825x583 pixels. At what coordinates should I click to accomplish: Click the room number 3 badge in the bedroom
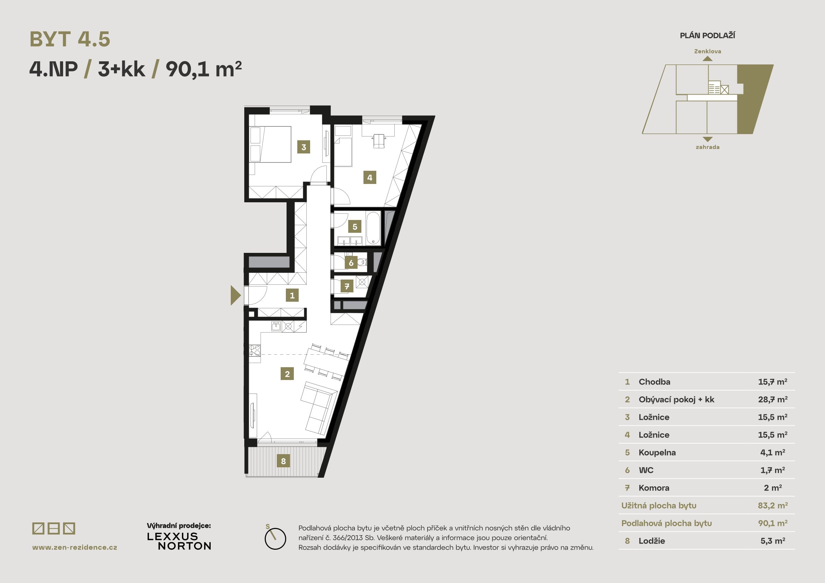point(304,147)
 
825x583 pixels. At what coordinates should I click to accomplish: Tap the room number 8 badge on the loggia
point(283,461)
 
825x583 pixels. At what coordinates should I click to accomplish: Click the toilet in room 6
point(362,262)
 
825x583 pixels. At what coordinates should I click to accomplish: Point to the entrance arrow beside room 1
point(235,295)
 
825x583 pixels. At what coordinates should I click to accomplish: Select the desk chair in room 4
point(379,140)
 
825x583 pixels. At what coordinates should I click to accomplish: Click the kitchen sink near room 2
point(275,326)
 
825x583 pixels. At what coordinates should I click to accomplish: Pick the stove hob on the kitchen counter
point(255,351)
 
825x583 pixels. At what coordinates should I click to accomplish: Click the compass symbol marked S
point(275,538)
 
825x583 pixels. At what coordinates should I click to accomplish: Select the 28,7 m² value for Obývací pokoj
point(773,399)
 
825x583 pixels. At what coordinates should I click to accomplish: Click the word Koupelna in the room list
point(657,453)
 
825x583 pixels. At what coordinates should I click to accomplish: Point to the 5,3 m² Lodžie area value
point(773,541)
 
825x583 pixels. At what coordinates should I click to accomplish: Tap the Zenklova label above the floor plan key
point(707,51)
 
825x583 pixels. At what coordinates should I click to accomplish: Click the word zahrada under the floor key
point(707,147)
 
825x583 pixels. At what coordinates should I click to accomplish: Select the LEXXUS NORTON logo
point(179,541)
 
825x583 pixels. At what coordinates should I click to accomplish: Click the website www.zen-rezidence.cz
point(75,547)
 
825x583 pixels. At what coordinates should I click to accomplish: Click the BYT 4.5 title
point(70,39)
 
